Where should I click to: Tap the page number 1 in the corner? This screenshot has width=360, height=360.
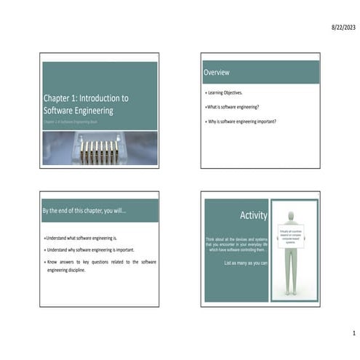pos(353,333)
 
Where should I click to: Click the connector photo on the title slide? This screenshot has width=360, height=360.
pos(99,148)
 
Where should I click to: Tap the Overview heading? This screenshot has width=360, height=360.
pos(217,72)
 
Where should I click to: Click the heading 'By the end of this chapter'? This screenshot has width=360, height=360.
pos(84,210)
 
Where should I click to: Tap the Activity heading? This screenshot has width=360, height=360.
pos(253,215)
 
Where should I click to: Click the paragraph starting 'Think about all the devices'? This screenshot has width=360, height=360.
pos(237,244)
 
